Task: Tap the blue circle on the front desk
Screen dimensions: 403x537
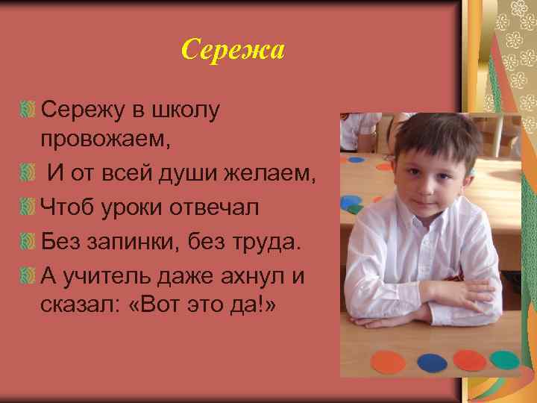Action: (433, 362)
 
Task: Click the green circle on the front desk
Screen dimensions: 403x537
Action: (505, 360)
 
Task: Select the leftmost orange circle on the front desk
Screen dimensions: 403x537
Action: (389, 363)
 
